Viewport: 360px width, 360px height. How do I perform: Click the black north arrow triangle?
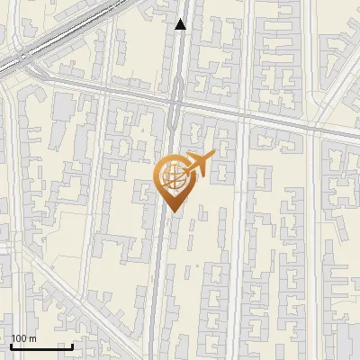point(181,24)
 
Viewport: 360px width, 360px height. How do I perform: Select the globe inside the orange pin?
point(171,176)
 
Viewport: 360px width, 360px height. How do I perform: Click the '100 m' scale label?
point(23,338)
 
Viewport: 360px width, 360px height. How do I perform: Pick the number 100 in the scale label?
point(19,338)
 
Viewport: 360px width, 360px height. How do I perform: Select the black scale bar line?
point(41,346)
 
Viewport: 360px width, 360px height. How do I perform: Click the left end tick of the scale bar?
point(11,345)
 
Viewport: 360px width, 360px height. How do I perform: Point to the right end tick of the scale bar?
point(72,345)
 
